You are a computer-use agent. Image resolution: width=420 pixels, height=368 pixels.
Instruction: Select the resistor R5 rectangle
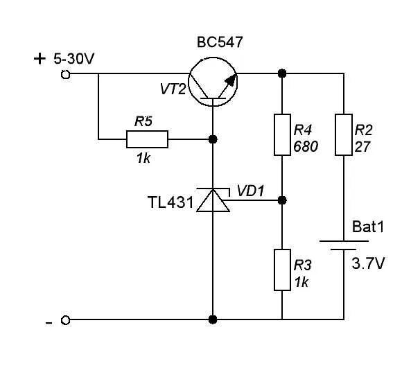pos(147,139)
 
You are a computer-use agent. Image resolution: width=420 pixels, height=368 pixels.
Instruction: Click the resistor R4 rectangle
pos(281,134)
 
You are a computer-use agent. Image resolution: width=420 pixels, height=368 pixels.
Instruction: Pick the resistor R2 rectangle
pos(344,134)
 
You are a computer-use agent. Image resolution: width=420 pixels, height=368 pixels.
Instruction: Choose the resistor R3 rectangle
pos(281,270)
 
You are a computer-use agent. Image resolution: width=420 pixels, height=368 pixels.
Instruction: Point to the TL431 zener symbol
pos(212,200)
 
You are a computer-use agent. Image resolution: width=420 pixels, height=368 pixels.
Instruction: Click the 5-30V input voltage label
pos(73,60)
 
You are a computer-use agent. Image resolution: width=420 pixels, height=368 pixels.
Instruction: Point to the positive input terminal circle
pos(66,73)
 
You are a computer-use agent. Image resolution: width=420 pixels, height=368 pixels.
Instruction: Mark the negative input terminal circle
pos(66,320)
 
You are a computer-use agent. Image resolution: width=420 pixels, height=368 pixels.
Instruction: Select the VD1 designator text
pos(250,189)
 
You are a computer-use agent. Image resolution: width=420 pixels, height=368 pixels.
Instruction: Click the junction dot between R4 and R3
pos(281,200)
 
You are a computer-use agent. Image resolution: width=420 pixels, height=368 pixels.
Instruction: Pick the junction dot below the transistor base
pos(213,139)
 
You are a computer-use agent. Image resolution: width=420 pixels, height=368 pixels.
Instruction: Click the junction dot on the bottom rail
pos(213,319)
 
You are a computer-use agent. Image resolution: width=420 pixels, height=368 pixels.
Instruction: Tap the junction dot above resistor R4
pos(281,73)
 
